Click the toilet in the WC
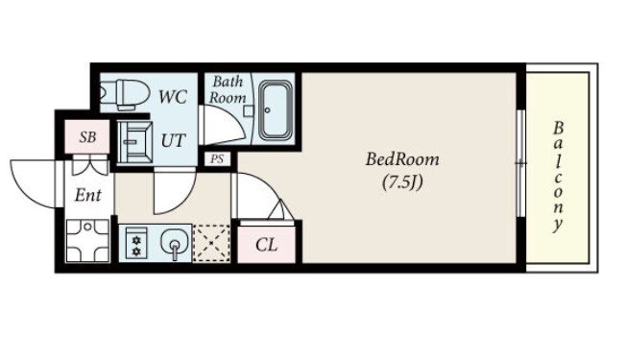coord(124,95)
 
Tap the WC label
coord(173,97)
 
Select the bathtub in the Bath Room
coord(276,110)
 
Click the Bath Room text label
coord(228,90)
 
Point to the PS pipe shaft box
coord(217,159)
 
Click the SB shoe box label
coord(87,137)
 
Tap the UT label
coord(173,140)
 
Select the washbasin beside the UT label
coord(134,142)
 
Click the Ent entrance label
coord(87,196)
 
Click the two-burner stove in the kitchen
coord(136,243)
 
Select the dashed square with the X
coord(211,243)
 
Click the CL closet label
coord(266,245)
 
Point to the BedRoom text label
coord(402,159)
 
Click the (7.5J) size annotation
coord(402,182)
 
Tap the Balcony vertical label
coord(558,177)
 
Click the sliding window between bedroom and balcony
coord(520,163)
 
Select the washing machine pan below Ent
coord(87,241)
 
